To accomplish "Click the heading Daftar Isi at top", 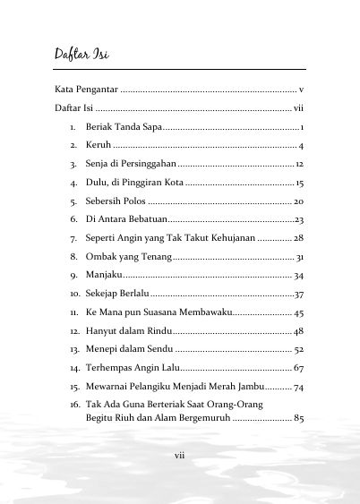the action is [81, 55].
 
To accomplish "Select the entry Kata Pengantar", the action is [86, 90].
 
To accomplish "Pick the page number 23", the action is [300, 219].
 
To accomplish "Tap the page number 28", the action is [299, 238].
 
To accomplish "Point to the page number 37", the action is [300, 294].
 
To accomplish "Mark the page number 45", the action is [299, 312].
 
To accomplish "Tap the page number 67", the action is [299, 368].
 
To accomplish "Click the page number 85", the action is [299, 418].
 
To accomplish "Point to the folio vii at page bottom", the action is [179, 456].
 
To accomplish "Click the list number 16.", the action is [74, 405].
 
